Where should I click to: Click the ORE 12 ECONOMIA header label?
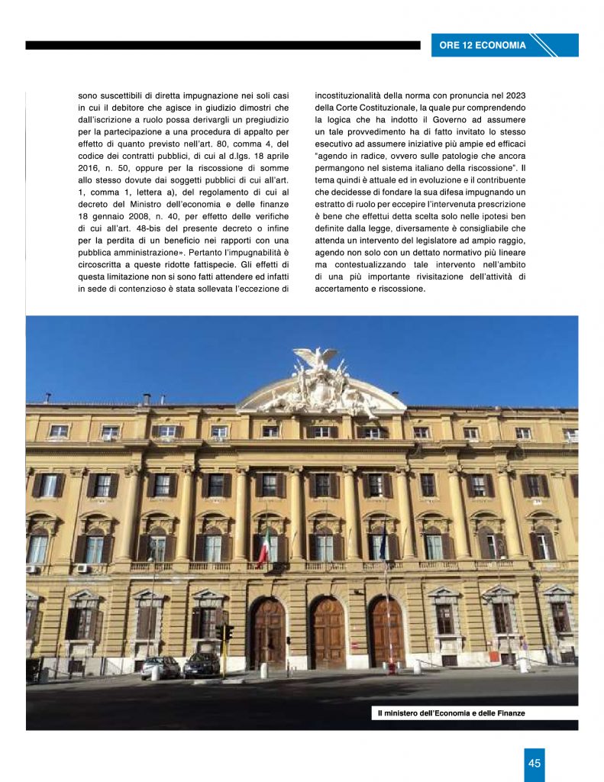tap(483, 45)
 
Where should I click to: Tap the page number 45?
tap(535, 763)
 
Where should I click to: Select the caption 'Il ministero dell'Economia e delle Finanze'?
tap(451, 713)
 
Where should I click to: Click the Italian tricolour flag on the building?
tap(263, 548)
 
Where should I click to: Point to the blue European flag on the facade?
tap(383, 547)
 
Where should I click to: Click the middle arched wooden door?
tap(328, 633)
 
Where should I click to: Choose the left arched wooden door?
tap(269, 633)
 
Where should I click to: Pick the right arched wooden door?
tap(386, 633)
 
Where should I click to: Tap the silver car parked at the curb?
tap(160, 667)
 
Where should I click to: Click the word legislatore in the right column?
tap(429, 239)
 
